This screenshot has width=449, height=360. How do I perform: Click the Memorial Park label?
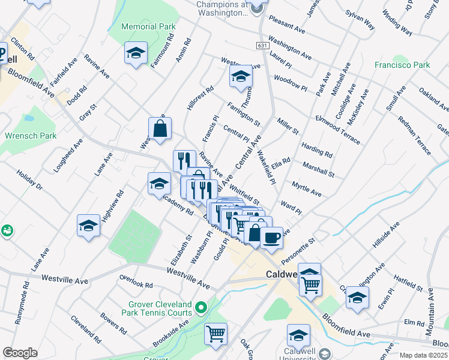(x=148, y=26)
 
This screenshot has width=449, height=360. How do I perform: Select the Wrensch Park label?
(x=30, y=136)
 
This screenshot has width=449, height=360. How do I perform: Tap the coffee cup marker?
(x=271, y=237)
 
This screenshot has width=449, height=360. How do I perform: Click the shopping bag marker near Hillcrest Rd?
(x=160, y=128)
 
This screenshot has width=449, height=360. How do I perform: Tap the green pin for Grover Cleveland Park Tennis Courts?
(x=202, y=308)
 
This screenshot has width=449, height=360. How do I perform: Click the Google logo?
(x=20, y=353)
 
